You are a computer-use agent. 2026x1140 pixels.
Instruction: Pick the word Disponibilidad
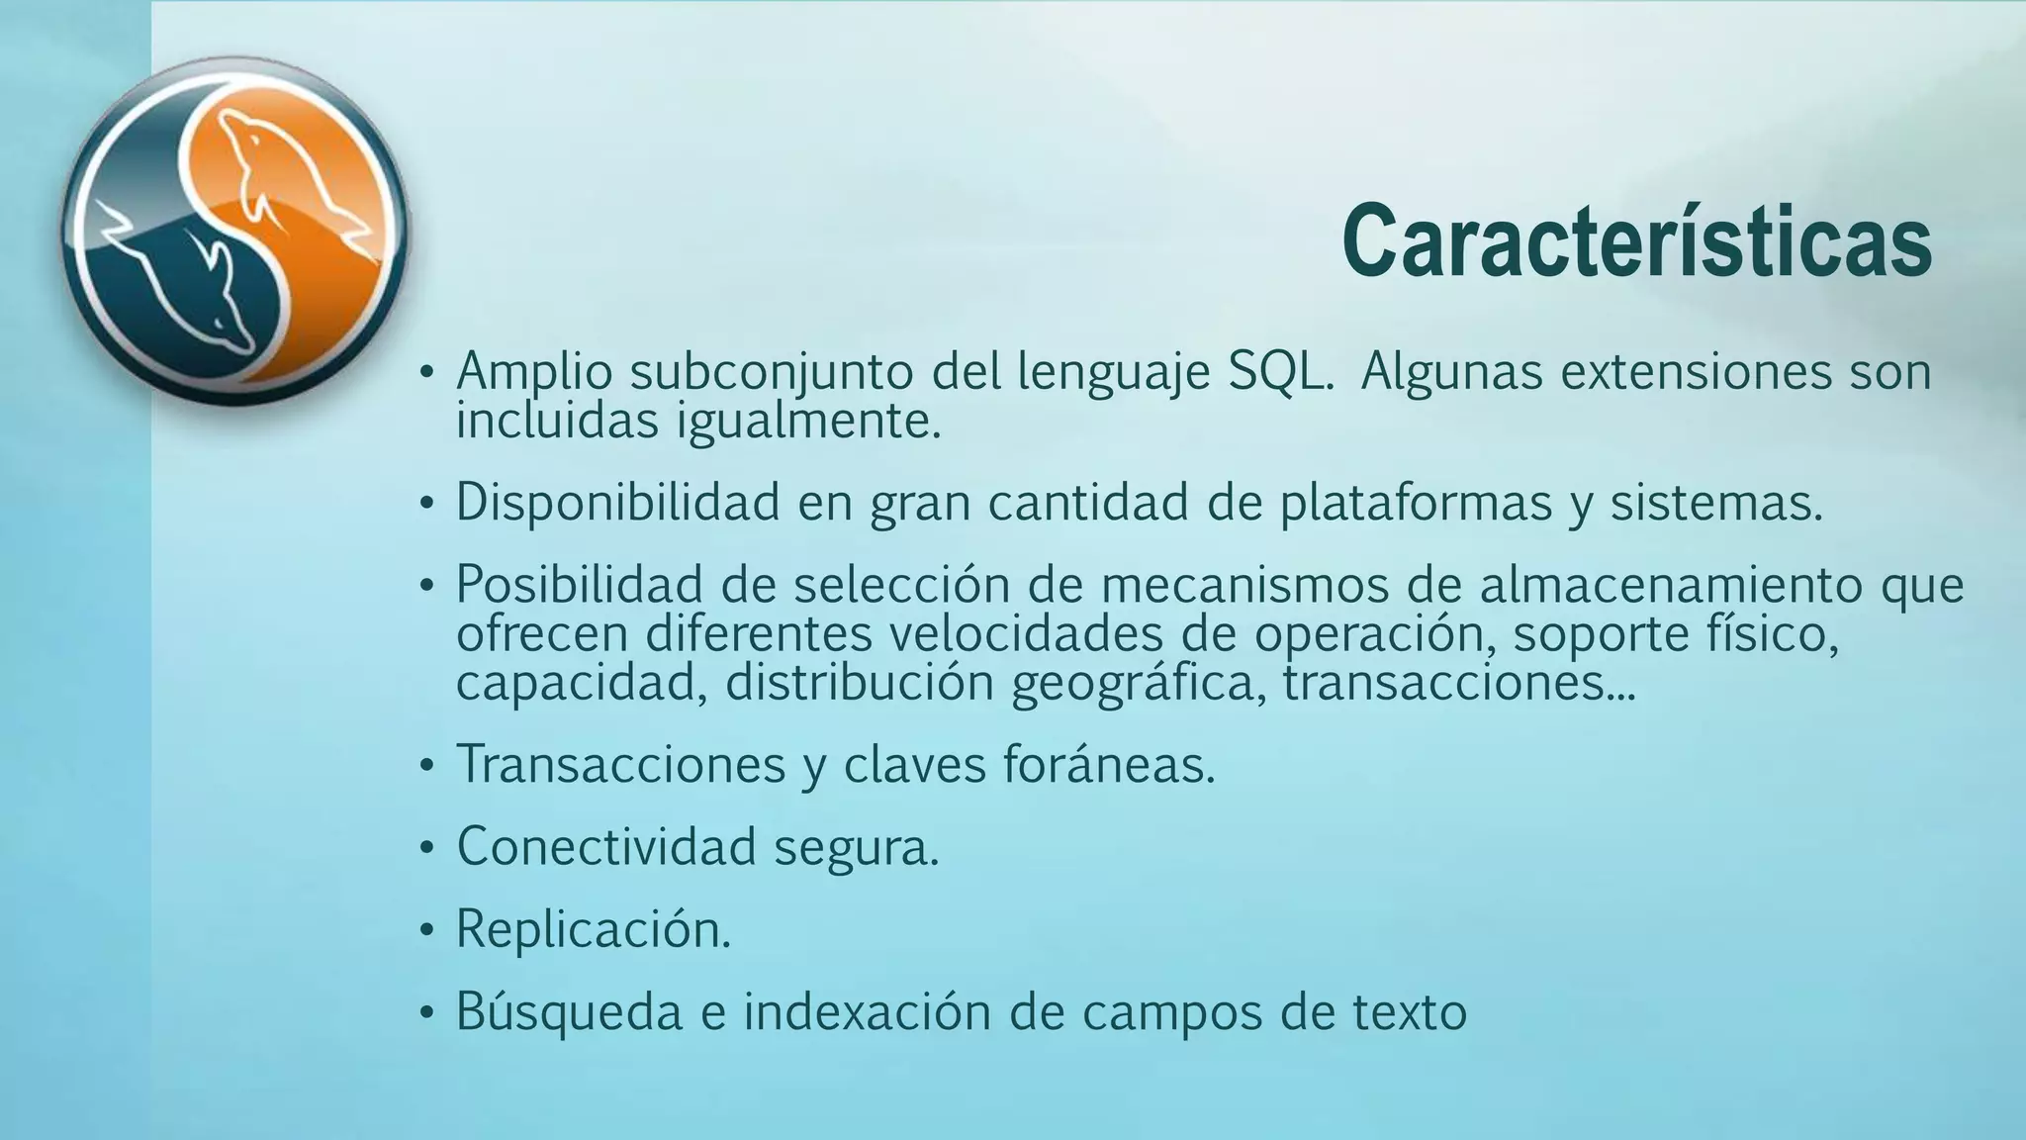point(617,502)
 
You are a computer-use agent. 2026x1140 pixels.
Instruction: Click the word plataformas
point(1416,503)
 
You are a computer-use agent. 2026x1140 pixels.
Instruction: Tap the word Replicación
point(593,929)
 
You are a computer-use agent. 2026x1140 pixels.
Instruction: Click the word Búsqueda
point(569,1011)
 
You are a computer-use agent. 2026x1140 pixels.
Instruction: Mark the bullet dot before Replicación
point(426,932)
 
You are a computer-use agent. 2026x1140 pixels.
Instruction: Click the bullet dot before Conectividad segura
point(426,849)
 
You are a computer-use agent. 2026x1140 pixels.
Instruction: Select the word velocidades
point(1025,633)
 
